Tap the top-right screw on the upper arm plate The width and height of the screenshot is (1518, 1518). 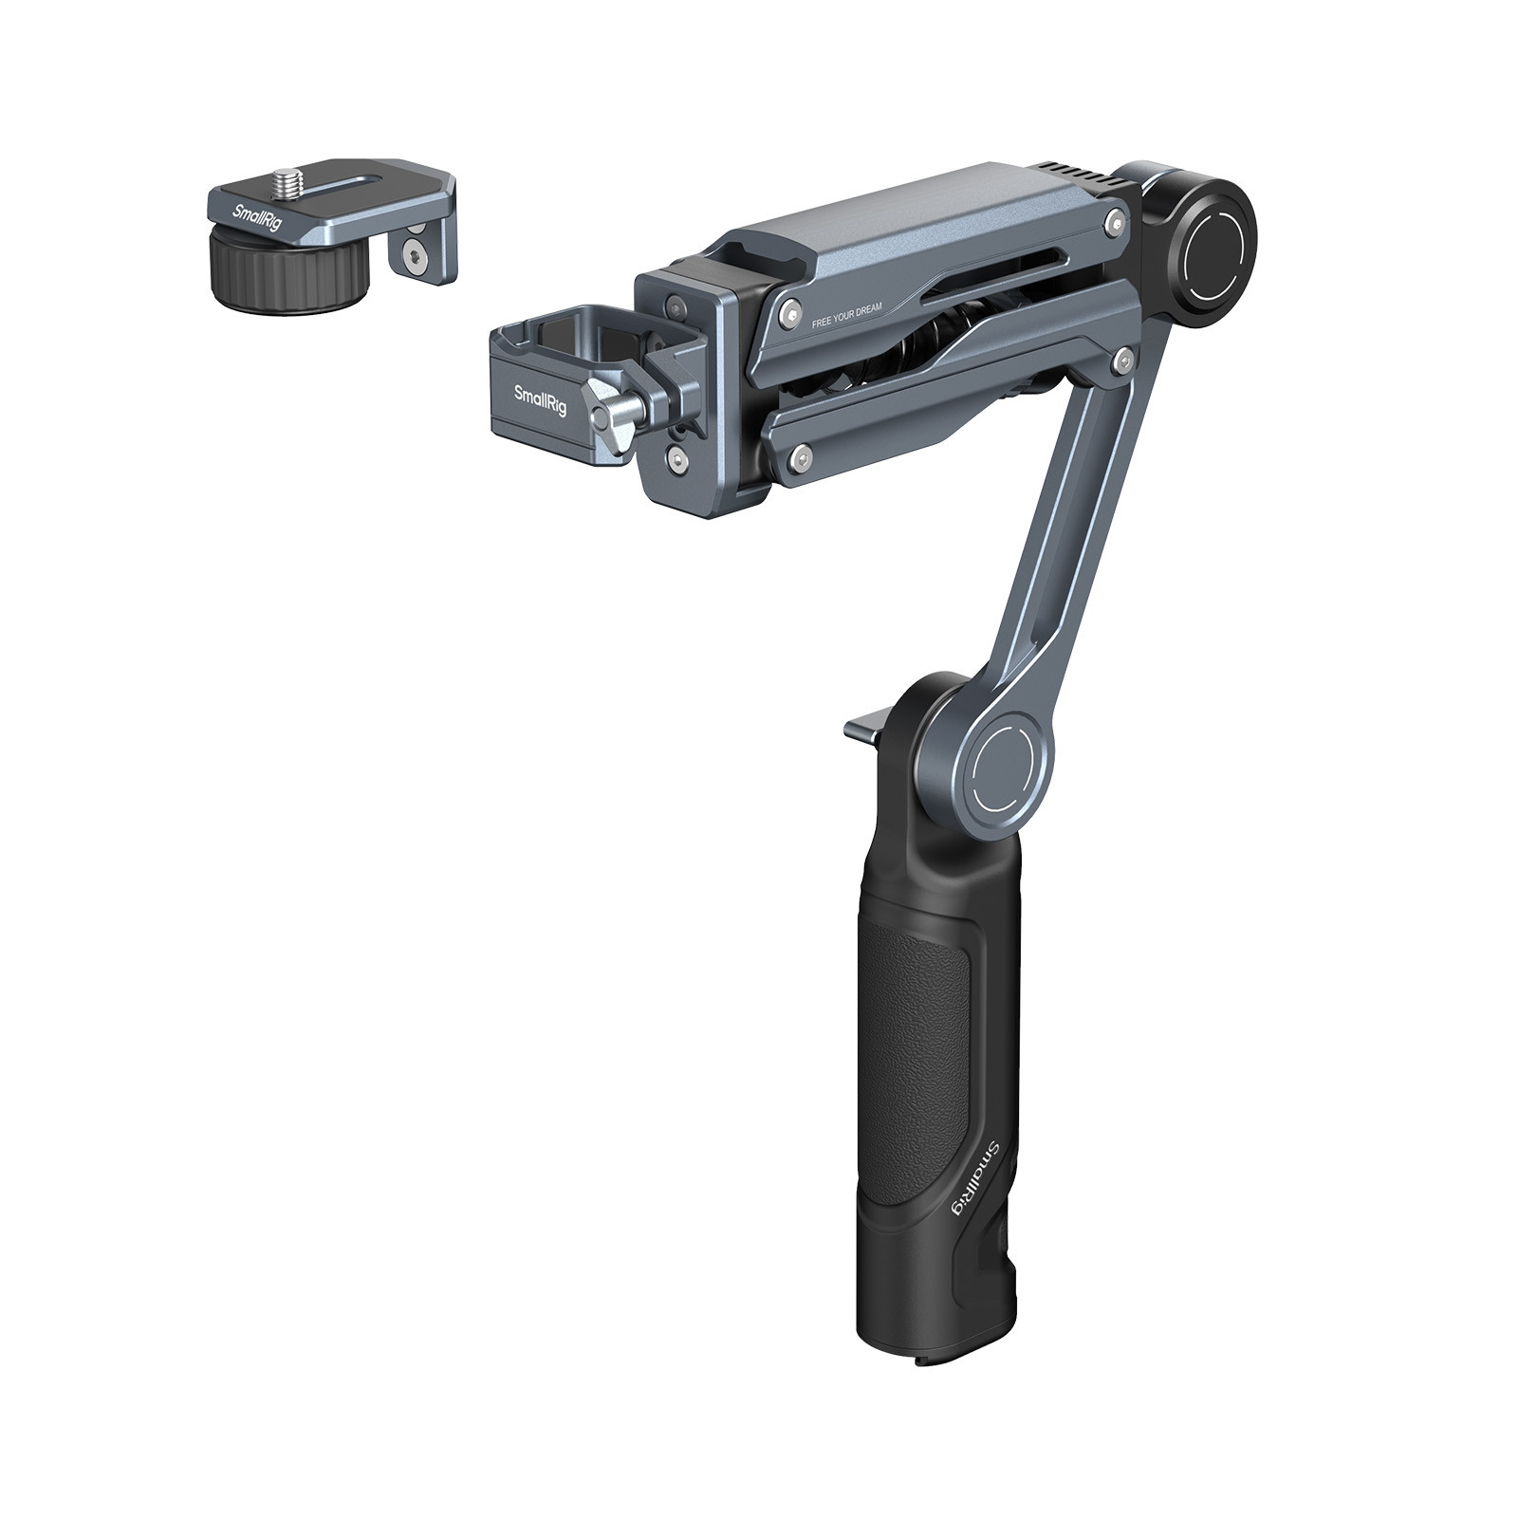(1115, 224)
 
